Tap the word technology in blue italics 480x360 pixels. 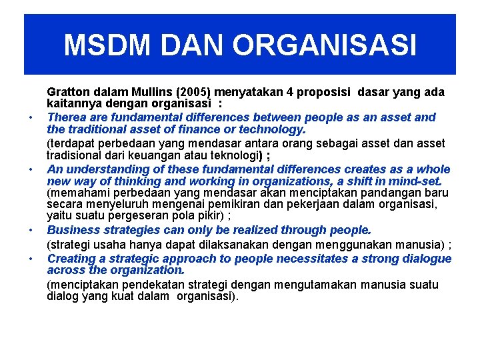tap(275, 129)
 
